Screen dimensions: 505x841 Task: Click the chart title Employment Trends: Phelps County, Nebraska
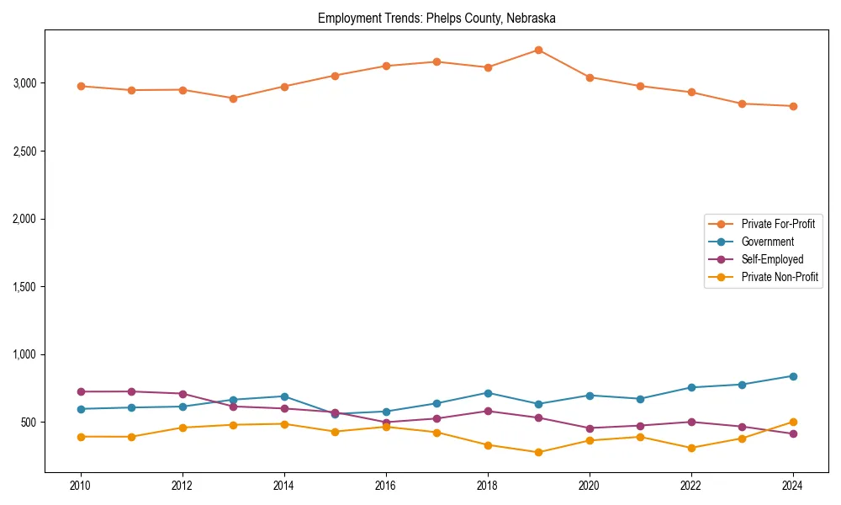(436, 18)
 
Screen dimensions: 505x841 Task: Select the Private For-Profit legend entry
(766, 224)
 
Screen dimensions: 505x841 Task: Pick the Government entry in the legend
(767, 242)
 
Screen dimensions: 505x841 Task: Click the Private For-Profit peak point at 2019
(538, 50)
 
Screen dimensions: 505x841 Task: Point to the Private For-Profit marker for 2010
(81, 86)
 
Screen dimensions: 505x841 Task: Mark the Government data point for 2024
(793, 376)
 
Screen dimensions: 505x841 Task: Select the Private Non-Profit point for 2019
(538, 452)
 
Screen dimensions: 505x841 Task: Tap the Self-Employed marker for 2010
(81, 391)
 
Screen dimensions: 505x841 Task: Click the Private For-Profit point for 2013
(233, 98)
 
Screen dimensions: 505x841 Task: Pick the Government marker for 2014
(284, 396)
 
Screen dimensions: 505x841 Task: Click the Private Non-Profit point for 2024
(793, 423)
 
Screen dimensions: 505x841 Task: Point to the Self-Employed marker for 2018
(488, 411)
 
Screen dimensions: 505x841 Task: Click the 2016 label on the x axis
(386, 486)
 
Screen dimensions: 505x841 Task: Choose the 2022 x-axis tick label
(691, 486)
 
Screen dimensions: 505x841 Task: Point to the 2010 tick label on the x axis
(81, 486)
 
